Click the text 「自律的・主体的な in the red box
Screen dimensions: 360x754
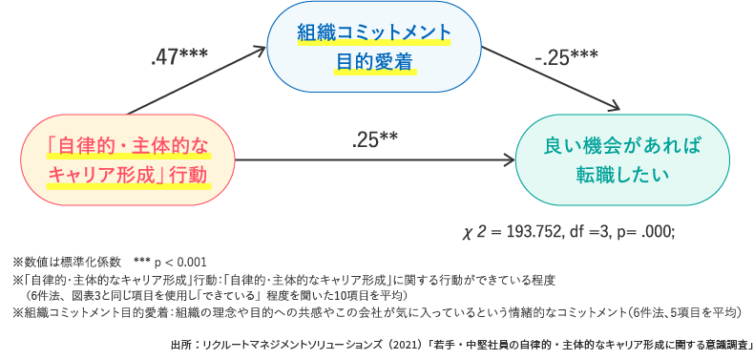tap(128, 145)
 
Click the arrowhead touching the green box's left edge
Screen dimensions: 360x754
tap(509, 160)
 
